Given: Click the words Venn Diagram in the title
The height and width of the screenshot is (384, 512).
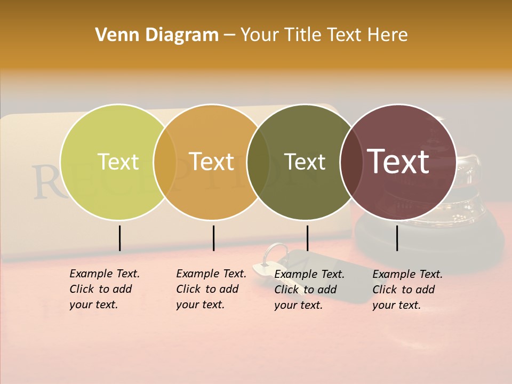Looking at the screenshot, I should [157, 35].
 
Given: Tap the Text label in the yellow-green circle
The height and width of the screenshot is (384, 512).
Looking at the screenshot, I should [118, 162].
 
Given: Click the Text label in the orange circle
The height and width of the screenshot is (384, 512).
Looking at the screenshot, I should [212, 162].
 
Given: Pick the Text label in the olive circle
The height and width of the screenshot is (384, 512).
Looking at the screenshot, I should [305, 162].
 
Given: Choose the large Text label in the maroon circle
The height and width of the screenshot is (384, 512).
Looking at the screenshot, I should [398, 162].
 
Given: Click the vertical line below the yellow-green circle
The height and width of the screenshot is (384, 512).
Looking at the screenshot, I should [119, 238].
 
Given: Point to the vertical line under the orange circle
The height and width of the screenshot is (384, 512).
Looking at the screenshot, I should [213, 238].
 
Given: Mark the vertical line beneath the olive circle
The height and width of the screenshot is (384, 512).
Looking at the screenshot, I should [307, 238].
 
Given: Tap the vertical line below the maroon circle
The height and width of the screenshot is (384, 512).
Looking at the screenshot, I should [397, 238].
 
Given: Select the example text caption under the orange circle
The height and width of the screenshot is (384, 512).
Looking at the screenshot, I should [211, 289].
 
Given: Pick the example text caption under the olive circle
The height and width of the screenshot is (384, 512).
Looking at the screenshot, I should [309, 290].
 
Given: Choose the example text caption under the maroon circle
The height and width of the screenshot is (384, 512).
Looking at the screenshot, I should [407, 290].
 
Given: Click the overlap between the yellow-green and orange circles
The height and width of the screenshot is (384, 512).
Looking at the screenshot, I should [165, 162].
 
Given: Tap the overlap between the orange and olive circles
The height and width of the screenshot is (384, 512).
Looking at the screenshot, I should [258, 162].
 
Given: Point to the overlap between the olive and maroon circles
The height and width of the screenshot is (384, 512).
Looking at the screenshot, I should [349, 162].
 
